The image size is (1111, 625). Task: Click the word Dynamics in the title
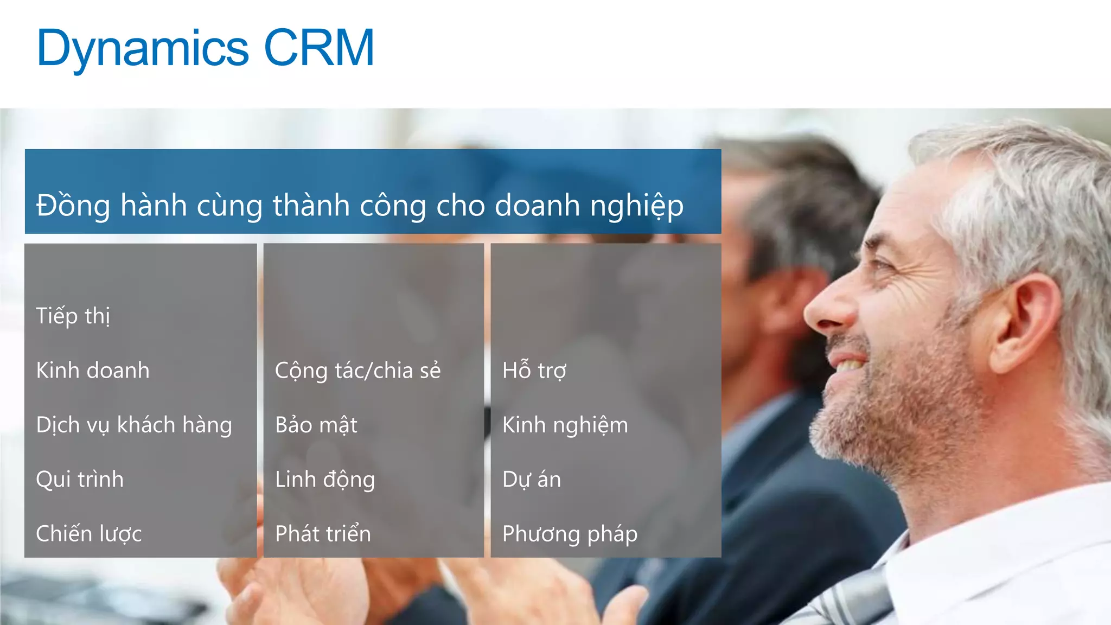tap(142, 49)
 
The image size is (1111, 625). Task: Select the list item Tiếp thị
tap(73, 316)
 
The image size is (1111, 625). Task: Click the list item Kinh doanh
tap(92, 371)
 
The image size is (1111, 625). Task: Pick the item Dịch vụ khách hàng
tap(133, 425)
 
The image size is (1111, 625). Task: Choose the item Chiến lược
tap(88, 534)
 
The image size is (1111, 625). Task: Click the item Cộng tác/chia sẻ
tap(357, 371)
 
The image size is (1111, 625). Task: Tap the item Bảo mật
tap(316, 425)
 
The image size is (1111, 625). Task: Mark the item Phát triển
tap(323, 534)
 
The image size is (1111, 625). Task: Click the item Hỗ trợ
tap(534, 371)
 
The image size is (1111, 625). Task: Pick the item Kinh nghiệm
tap(565, 425)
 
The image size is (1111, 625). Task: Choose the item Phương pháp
tap(570, 534)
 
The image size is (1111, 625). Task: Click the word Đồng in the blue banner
tap(73, 206)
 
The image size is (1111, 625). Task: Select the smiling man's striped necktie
tap(857, 597)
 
